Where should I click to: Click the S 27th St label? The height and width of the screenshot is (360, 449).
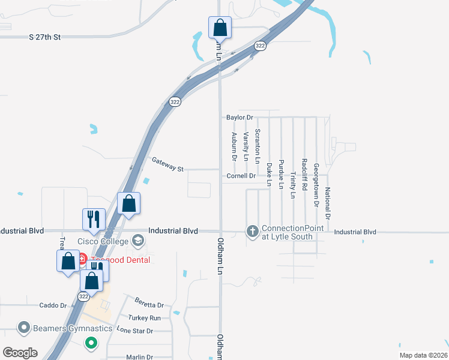coord(46,37)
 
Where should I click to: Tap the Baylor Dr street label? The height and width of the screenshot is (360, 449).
coord(240,118)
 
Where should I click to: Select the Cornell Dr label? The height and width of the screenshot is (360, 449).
coord(241,176)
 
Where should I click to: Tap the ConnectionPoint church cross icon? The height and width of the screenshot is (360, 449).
coord(253,230)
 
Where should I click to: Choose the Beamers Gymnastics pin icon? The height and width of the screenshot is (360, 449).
coord(24,328)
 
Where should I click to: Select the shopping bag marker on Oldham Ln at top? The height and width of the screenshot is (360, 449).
coord(220,27)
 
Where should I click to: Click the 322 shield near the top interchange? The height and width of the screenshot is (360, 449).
coord(260,46)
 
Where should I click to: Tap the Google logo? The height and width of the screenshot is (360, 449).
coord(20,353)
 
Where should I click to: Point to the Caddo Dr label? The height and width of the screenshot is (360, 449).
coord(53,305)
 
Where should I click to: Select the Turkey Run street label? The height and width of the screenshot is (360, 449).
coord(144,317)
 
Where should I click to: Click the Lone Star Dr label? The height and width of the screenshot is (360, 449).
coord(135,331)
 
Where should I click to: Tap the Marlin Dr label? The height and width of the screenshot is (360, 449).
coord(140,357)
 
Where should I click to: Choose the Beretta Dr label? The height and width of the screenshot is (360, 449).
coord(149,305)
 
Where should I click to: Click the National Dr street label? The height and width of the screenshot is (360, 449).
coord(328,202)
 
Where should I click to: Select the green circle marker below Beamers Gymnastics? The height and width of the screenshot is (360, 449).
coord(91,344)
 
